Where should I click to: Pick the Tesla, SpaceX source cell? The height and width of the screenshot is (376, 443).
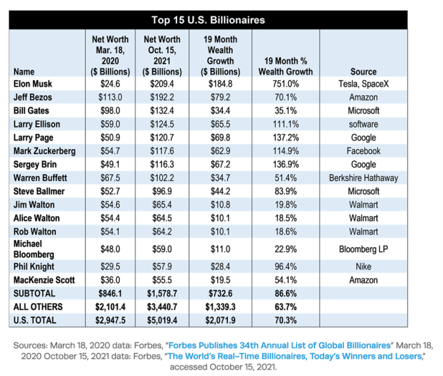point(363,84)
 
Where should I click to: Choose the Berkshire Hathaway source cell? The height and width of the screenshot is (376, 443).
point(363,178)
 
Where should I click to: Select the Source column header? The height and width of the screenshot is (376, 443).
point(363,71)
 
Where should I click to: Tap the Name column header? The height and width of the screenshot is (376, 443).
point(24,71)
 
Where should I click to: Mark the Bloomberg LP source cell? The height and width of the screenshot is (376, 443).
point(363,249)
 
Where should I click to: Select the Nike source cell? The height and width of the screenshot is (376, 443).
point(363,266)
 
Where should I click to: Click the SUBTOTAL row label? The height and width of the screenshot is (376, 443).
point(33,293)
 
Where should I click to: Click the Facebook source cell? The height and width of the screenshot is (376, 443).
point(363,151)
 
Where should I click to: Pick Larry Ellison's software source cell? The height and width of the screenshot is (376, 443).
point(363,124)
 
